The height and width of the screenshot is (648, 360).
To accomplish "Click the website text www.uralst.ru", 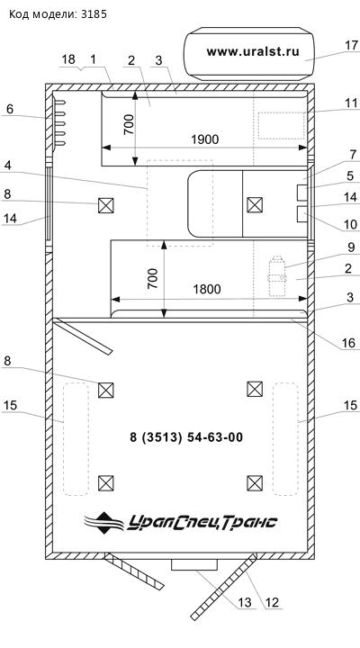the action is click(253, 51).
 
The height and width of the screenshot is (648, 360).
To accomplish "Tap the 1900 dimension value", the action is click(204, 139).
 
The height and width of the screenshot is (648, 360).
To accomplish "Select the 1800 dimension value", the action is click(207, 289).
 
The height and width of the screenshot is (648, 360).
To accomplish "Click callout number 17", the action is click(351, 45).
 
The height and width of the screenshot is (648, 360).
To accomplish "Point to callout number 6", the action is click(10, 109).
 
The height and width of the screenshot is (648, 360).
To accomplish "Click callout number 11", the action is click(351, 103).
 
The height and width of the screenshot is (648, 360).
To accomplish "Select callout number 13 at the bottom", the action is click(245, 602).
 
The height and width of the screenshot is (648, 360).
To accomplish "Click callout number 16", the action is click(348, 343).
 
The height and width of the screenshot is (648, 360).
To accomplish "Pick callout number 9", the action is click(351, 247).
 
